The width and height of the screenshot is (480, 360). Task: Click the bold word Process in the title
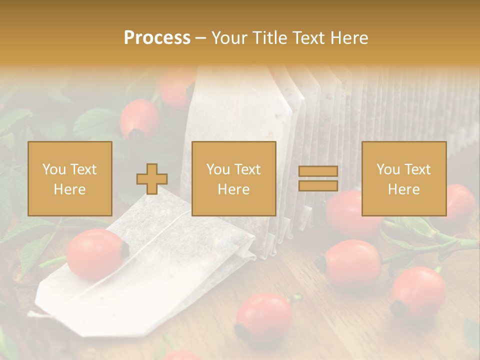tap(157, 38)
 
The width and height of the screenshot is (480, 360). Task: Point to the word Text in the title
tap(309, 38)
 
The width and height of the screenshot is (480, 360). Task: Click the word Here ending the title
tap(349, 38)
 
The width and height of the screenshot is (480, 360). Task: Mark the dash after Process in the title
tap(200, 38)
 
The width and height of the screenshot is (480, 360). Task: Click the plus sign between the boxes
tap(152, 179)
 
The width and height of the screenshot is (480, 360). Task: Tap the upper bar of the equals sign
tap(318, 171)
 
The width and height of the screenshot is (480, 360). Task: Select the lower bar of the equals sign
tap(318, 186)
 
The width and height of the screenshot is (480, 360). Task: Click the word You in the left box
tap(54, 169)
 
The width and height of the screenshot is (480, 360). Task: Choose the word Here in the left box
tap(69, 189)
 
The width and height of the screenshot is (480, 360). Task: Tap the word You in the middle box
tap(218, 169)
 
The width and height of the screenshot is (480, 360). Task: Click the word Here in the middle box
tap(233, 189)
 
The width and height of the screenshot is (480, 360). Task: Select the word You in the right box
tap(388, 169)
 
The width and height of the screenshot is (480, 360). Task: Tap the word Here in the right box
tap(403, 189)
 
